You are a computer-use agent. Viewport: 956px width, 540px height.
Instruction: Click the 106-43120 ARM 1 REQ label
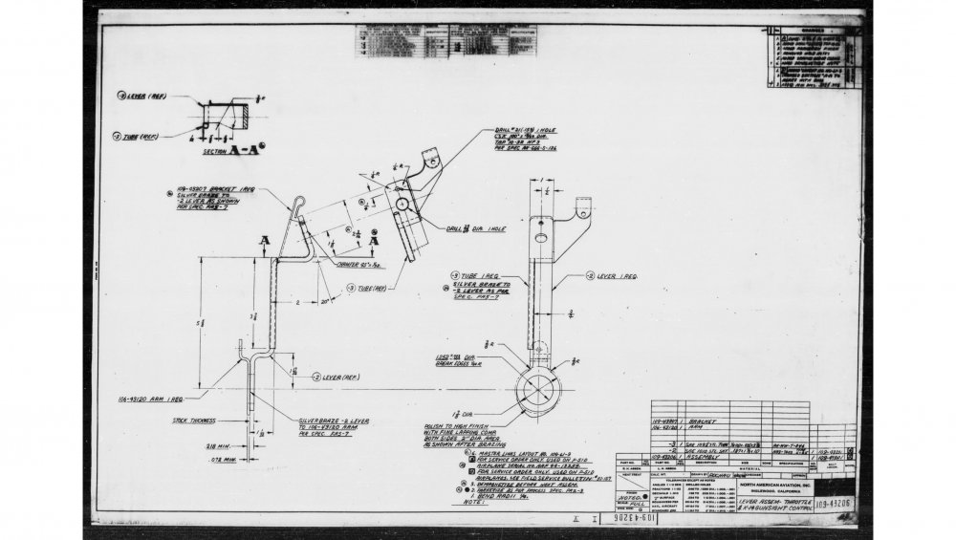(x=151, y=397)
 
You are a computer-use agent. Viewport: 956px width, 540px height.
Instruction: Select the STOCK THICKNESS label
(x=194, y=419)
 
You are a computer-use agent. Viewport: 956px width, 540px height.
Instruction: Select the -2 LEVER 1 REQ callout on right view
(x=619, y=275)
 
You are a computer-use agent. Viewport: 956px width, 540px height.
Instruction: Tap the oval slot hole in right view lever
(x=542, y=238)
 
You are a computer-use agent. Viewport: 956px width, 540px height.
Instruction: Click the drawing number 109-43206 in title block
(x=837, y=500)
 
